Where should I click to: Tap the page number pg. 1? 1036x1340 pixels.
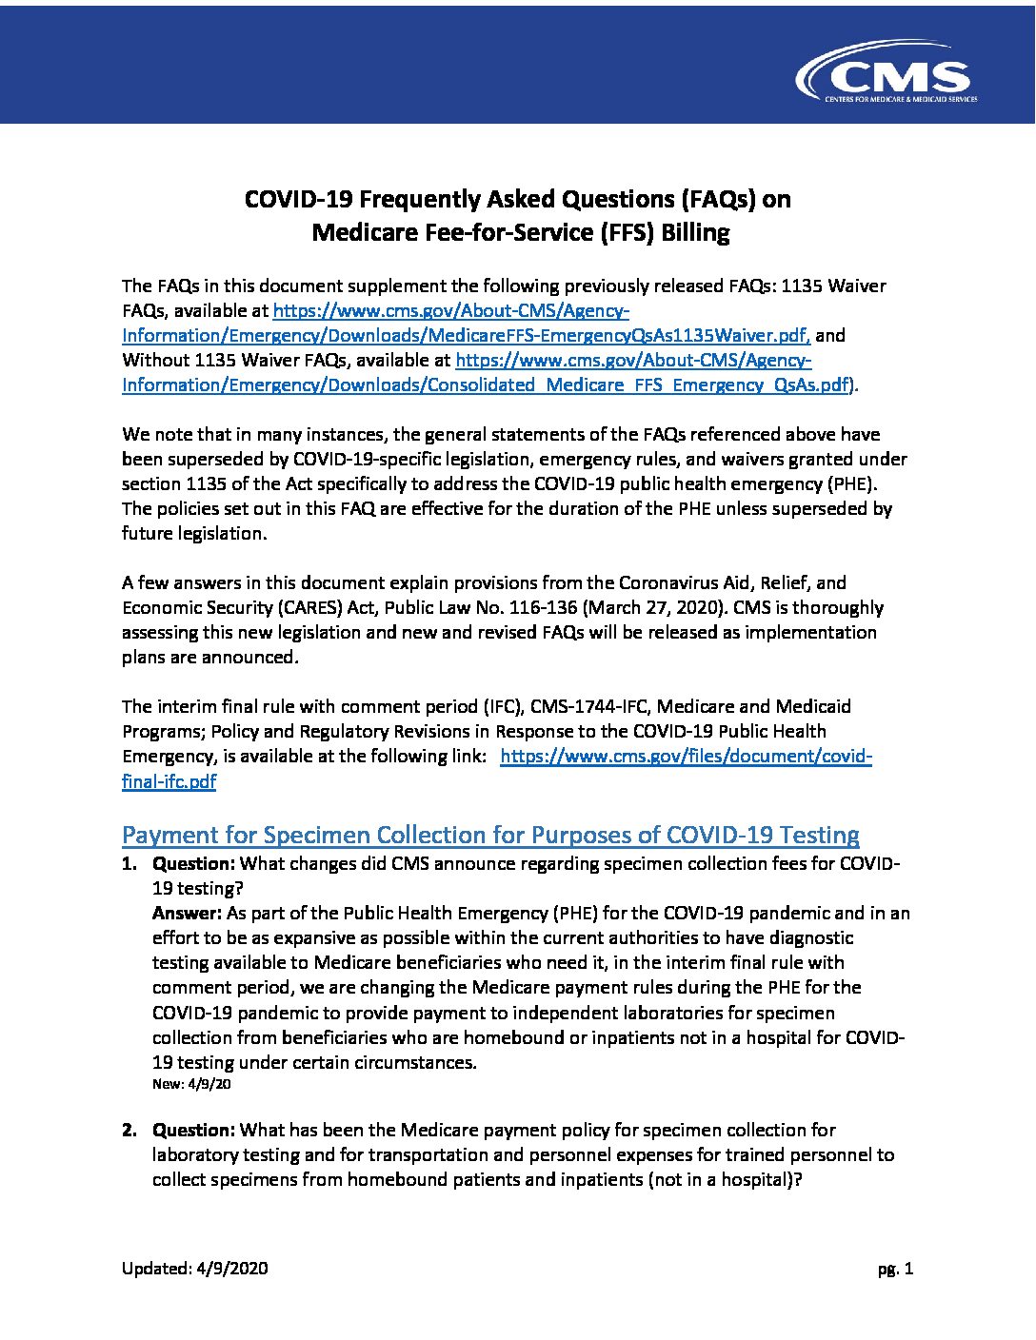pyautogui.click(x=896, y=1269)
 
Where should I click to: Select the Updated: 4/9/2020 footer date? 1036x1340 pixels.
pyautogui.click(x=195, y=1269)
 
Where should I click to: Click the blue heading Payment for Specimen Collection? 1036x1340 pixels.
pyautogui.click(x=490, y=835)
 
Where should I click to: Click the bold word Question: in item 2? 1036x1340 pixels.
pyautogui.click(x=193, y=1130)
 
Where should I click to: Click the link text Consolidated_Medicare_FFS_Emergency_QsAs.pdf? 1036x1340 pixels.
pyautogui.click(x=638, y=384)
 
